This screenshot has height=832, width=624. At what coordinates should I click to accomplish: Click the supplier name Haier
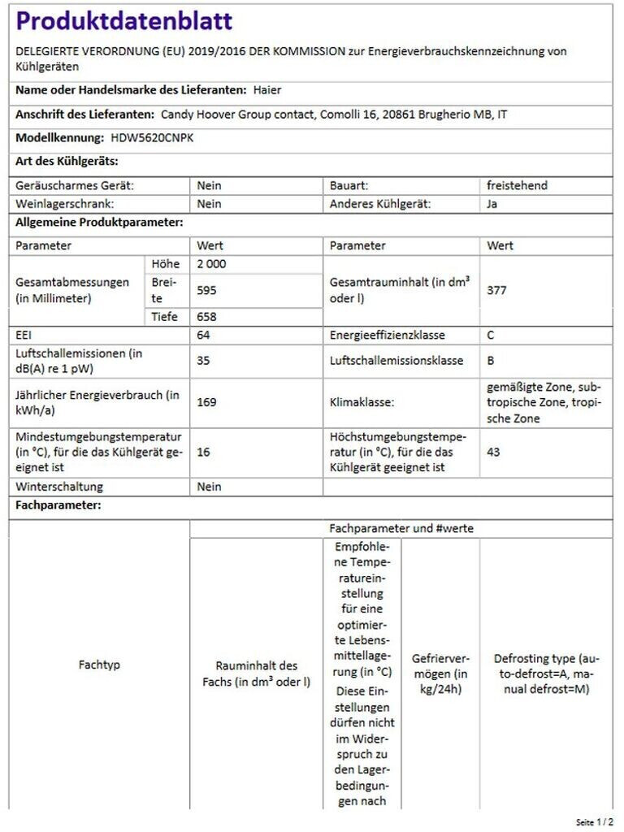click(x=267, y=90)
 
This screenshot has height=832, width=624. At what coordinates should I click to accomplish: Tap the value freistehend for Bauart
click(x=517, y=185)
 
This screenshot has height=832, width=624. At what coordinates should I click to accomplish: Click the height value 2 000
click(x=211, y=264)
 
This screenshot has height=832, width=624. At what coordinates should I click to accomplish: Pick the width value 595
click(x=206, y=289)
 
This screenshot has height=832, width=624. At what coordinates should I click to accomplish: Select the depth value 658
click(x=206, y=317)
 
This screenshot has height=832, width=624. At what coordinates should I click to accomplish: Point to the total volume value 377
click(x=496, y=289)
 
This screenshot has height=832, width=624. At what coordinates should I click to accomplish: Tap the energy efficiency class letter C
click(x=491, y=335)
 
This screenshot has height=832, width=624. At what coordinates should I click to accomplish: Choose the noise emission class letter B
click(x=491, y=360)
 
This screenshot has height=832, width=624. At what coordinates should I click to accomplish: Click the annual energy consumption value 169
click(x=206, y=401)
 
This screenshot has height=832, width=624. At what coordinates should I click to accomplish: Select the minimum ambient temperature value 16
click(x=203, y=452)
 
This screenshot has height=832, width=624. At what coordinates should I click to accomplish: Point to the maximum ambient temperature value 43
click(x=493, y=452)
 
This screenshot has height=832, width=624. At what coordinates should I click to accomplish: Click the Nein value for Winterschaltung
click(x=209, y=487)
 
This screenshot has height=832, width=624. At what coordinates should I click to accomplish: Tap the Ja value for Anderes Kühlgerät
click(x=492, y=204)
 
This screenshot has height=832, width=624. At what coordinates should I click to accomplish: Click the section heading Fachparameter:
click(x=58, y=505)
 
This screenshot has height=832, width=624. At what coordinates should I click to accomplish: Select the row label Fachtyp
click(x=99, y=665)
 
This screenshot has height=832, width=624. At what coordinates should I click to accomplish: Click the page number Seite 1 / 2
click(x=595, y=822)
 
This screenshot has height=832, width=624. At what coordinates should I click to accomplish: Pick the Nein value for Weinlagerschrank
click(x=209, y=204)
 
